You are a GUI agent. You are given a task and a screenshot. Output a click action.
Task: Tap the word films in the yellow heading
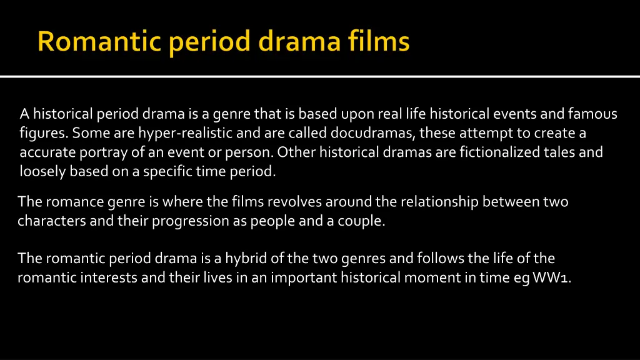tap(379, 41)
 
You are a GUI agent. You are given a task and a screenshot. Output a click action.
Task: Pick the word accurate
tap(47, 152)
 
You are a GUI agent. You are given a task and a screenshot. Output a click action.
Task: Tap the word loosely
tap(42, 171)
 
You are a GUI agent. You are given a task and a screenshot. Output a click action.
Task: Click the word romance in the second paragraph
tap(74, 202)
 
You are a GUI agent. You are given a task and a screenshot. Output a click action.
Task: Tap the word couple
tap(361, 221)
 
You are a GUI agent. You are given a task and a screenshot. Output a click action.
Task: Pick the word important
tap(304, 277)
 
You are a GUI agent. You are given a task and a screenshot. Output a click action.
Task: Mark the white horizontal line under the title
tap(320, 76)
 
